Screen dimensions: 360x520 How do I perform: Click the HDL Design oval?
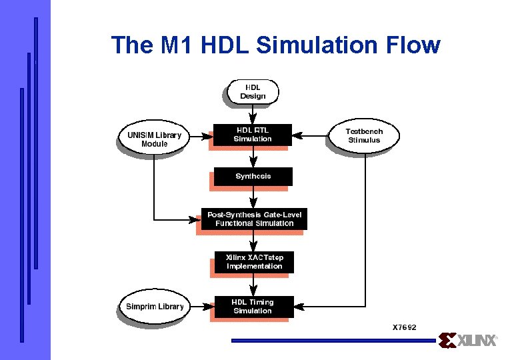pyautogui.click(x=253, y=92)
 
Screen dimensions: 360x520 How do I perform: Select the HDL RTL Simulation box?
pyautogui.click(x=253, y=134)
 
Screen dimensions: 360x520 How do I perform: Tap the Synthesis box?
pyautogui.click(x=253, y=177)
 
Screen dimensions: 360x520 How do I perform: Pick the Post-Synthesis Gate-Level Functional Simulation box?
pyautogui.click(x=254, y=219)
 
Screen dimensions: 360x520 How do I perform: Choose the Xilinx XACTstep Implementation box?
pyautogui.click(x=254, y=262)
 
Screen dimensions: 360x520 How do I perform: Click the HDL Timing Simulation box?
pyautogui.click(x=253, y=307)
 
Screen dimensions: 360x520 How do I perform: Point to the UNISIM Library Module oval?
pyautogui.click(x=153, y=139)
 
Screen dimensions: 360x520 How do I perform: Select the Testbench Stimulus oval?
pyautogui.click(x=364, y=136)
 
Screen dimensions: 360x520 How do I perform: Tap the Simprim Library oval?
pyautogui.click(x=154, y=307)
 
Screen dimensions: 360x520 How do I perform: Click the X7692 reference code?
pyautogui.click(x=404, y=327)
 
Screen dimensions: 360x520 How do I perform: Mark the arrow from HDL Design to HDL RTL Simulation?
pyautogui.click(x=253, y=115)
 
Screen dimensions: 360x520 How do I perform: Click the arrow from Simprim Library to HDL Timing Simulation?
pyautogui.click(x=202, y=307)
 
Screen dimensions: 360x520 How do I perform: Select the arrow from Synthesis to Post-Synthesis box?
pyautogui.click(x=253, y=198)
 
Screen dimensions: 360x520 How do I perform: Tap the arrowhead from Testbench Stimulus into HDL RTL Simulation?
pyautogui.click(x=299, y=135)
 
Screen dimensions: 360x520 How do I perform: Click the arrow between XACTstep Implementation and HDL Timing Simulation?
pyautogui.click(x=253, y=285)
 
